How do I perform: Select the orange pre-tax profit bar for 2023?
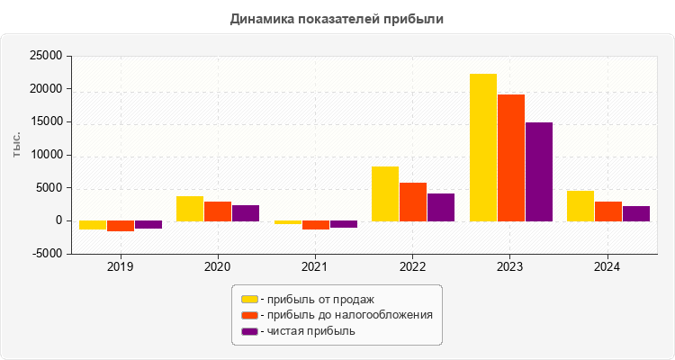click(x=510, y=157)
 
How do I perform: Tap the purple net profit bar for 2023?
click(x=538, y=171)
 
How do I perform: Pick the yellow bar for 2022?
click(x=385, y=193)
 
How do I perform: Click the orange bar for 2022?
click(x=413, y=202)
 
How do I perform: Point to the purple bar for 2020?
click(x=246, y=212)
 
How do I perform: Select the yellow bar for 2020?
click(x=190, y=208)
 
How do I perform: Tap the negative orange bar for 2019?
click(x=121, y=226)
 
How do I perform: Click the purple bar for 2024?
click(x=635, y=213)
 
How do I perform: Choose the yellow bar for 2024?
click(x=580, y=205)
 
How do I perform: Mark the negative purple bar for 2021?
click(x=343, y=224)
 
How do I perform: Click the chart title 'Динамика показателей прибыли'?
click(x=337, y=18)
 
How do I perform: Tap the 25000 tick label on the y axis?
click(x=45, y=56)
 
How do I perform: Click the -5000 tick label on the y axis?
click(x=45, y=254)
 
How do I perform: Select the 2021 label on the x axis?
click(x=315, y=267)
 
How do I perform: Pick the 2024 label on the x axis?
click(x=607, y=267)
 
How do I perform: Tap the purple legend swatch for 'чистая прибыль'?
click(x=249, y=331)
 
